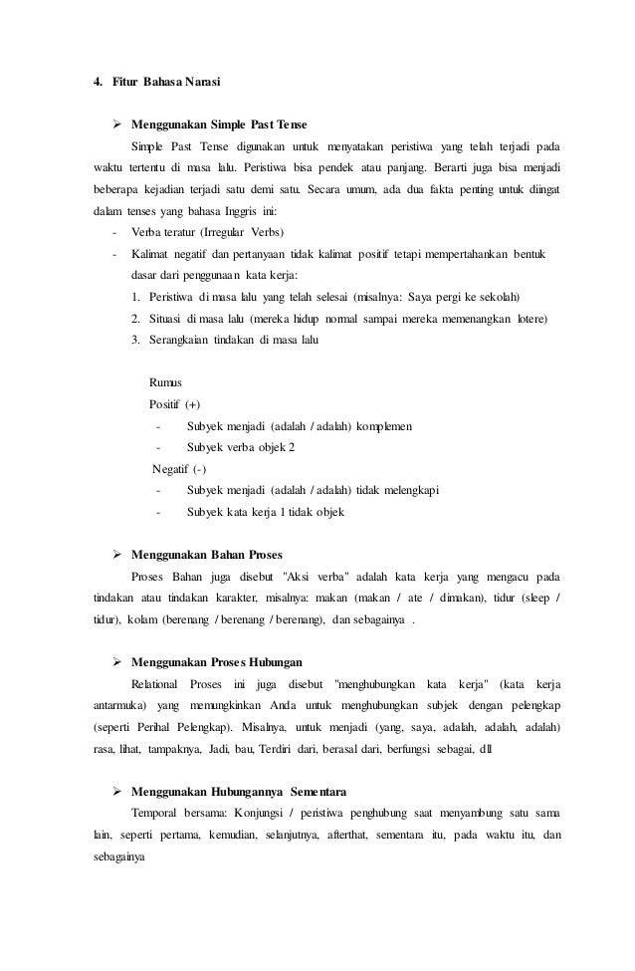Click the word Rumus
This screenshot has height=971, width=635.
pyautogui.click(x=164, y=382)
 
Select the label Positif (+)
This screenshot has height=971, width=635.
pyautogui.click(x=173, y=404)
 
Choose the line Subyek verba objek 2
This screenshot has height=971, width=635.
pyautogui.click(x=240, y=448)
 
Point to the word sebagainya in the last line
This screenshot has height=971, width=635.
pyautogui.click(x=111, y=856)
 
